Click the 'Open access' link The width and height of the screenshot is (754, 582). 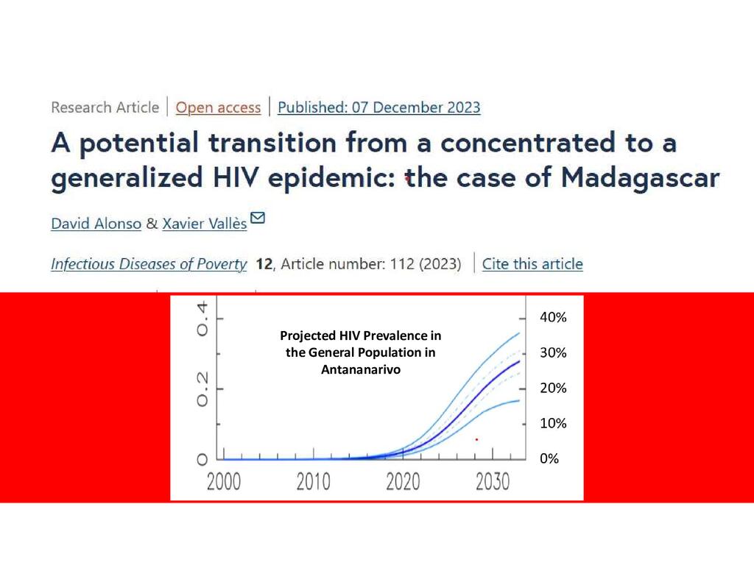click(218, 107)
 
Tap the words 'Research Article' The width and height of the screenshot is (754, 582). click(105, 107)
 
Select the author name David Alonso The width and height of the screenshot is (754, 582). click(96, 224)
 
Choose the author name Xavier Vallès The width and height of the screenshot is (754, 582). click(204, 224)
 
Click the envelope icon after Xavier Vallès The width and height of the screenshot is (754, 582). click(258, 218)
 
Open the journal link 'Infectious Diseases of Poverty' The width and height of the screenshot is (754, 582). click(149, 264)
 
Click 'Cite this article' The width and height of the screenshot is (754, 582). click(532, 264)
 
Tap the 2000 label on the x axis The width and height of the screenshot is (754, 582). click(224, 482)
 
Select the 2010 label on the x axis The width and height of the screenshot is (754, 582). click(313, 482)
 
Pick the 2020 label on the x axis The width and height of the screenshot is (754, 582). click(403, 482)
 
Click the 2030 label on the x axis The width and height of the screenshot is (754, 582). click(493, 482)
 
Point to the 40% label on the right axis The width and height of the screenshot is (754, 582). click(554, 318)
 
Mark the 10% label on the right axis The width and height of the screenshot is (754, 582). click(554, 424)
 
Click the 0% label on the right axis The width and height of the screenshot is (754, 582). click(550, 458)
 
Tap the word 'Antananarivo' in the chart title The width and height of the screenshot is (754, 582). click(361, 369)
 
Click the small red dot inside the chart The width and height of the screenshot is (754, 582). click(476, 439)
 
